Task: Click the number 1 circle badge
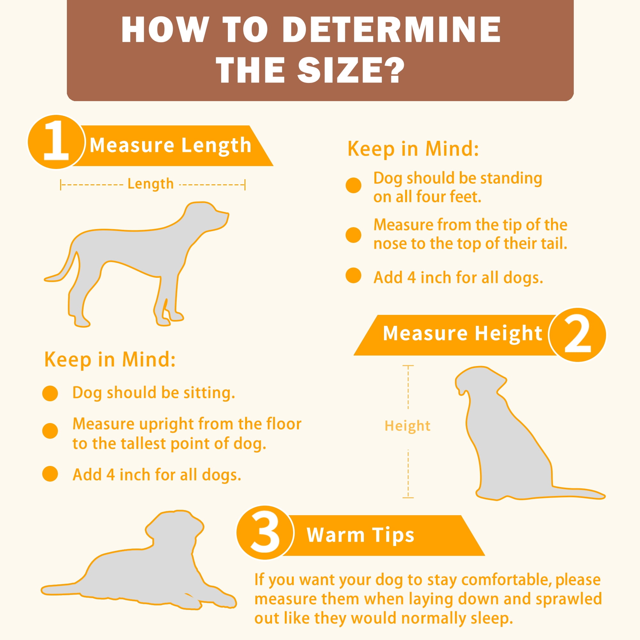click(56, 142)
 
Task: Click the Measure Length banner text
click(171, 145)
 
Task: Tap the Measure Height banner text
click(463, 333)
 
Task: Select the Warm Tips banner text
click(361, 535)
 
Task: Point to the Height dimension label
click(407, 426)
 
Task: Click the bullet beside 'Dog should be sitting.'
click(50, 394)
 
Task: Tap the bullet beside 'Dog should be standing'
click(354, 185)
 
